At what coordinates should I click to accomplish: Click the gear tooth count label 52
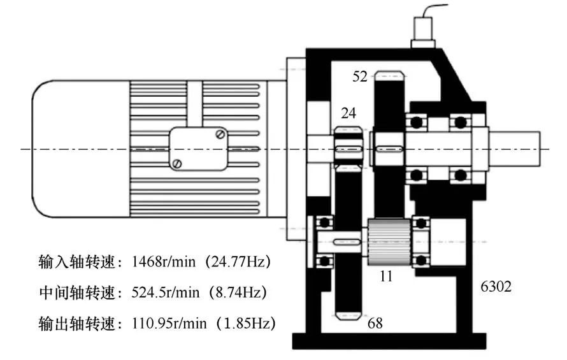point(360,76)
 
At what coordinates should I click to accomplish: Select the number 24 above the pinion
point(348,113)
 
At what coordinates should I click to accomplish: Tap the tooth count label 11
point(386,277)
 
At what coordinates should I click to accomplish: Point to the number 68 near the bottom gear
point(375,323)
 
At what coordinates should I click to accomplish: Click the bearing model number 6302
point(496,287)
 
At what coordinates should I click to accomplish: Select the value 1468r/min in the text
point(164,262)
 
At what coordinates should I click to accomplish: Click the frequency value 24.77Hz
point(238,262)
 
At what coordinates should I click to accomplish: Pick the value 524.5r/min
point(165,292)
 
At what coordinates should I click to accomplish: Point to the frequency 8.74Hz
point(238,292)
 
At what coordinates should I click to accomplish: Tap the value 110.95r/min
point(169,323)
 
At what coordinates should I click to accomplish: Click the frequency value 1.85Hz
point(247,323)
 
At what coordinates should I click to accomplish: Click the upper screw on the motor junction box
point(220,134)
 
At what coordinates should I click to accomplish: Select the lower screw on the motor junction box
point(177,163)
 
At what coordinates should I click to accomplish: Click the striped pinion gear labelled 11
point(389,241)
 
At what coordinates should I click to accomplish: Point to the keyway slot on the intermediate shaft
point(347,241)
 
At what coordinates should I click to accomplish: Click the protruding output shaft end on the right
point(515,149)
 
